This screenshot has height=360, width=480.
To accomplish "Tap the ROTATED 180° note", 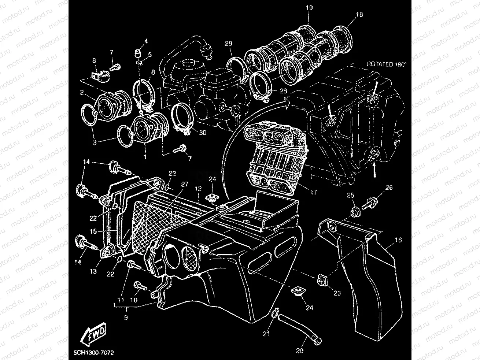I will tap(387, 64).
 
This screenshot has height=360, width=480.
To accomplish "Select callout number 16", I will tap(398, 240).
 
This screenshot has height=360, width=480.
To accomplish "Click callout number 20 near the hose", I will tap(299, 350).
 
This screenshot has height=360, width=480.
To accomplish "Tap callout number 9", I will tap(126, 318).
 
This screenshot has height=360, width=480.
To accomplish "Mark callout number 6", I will tap(94, 60).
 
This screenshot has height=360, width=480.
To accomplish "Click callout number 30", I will tap(203, 133).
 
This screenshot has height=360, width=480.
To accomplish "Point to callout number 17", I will tap(314, 192).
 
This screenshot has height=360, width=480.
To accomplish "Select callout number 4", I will tap(146, 41).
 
